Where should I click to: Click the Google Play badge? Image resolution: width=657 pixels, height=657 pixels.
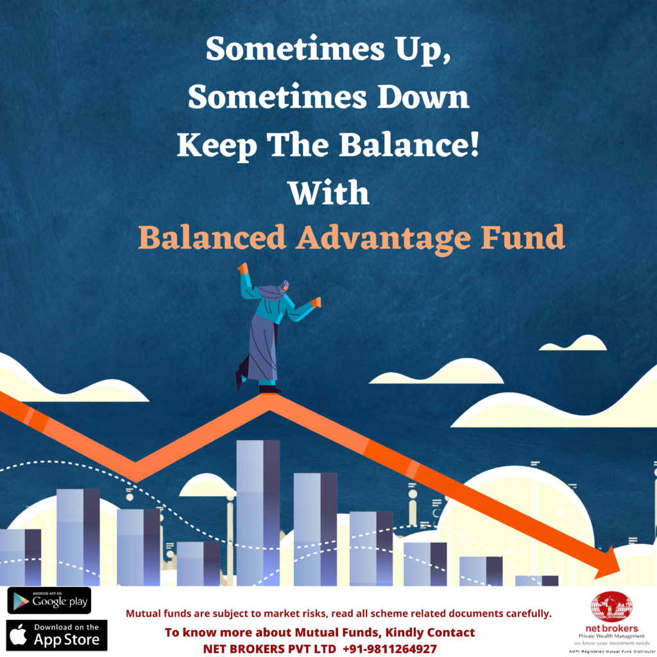pyautogui.click(x=49, y=601)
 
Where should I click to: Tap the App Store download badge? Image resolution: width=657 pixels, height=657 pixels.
pyautogui.click(x=56, y=635)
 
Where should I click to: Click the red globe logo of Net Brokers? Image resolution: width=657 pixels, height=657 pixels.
pyautogui.click(x=611, y=606)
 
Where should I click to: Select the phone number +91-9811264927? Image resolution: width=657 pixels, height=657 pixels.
pyautogui.click(x=389, y=649)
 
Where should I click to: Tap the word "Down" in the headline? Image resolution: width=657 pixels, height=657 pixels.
pyautogui.click(x=423, y=98)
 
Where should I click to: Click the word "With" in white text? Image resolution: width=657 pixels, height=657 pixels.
pyautogui.click(x=329, y=192)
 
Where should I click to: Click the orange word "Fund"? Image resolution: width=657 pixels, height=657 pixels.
pyautogui.click(x=522, y=237)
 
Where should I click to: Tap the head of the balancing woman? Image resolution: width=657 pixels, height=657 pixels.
pyautogui.click(x=284, y=287)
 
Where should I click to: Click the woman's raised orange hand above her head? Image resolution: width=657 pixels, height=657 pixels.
pyautogui.click(x=243, y=268)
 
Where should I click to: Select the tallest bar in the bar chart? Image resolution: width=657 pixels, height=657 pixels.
pyautogui.click(x=258, y=513)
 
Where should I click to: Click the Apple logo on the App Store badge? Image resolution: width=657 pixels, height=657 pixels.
pyautogui.click(x=19, y=635)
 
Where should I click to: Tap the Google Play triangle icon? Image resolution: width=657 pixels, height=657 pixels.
pyautogui.click(x=21, y=601)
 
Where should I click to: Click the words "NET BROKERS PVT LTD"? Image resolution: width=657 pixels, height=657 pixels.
pyautogui.click(x=269, y=649)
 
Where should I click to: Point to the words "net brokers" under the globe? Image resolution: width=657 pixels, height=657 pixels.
pyautogui.click(x=611, y=629)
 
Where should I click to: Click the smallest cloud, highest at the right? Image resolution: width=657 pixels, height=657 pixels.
pyautogui.click(x=573, y=343)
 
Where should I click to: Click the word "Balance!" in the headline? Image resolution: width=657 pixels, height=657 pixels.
pyautogui.click(x=409, y=145)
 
